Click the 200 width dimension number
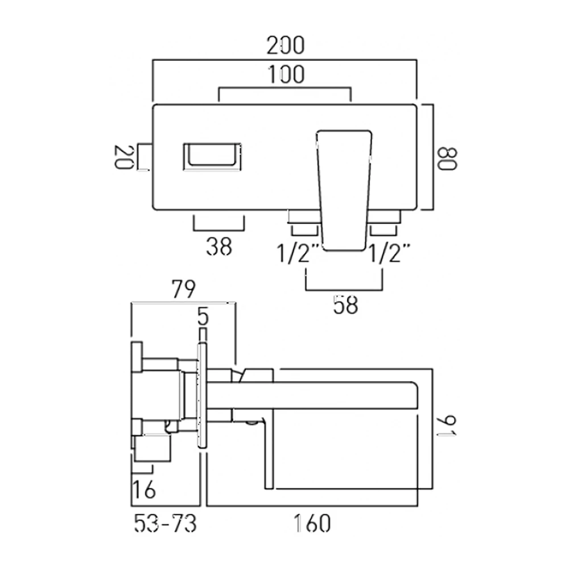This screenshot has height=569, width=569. click(286, 46)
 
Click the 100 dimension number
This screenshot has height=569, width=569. click(285, 75)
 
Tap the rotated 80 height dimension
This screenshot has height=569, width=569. click(448, 158)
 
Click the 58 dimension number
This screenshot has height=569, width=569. click(345, 306)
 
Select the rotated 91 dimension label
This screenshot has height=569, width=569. click(448, 426)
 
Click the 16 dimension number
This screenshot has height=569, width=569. click(144, 488)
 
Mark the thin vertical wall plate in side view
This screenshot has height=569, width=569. click(202, 395)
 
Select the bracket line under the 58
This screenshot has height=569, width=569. click(344, 290)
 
